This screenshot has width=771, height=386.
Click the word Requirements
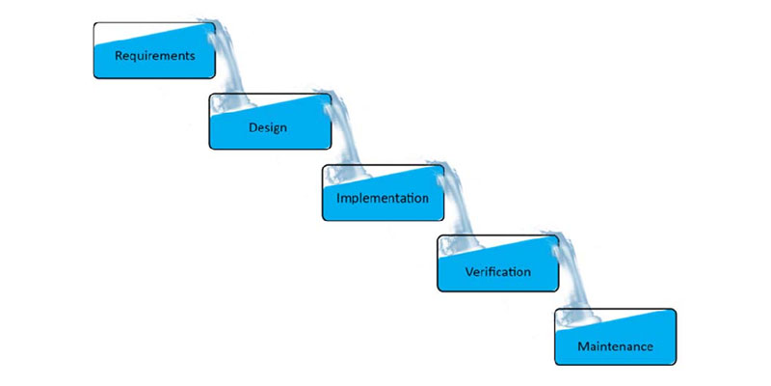click(154, 55)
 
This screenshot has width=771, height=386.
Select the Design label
click(267, 126)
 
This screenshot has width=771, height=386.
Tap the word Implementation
click(383, 199)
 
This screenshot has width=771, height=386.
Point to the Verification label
click(497, 272)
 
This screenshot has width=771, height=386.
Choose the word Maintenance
click(615, 345)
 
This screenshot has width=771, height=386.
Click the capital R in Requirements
click(119, 55)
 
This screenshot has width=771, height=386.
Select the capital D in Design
click(252, 126)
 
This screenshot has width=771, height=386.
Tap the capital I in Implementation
click(339, 198)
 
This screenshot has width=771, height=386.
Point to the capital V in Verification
click(467, 272)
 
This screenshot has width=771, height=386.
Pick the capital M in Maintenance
click(582, 345)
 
